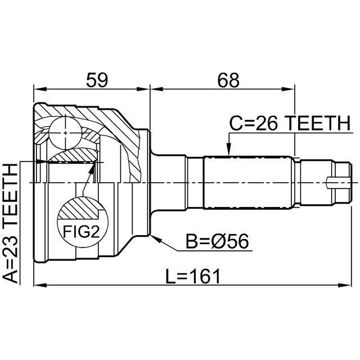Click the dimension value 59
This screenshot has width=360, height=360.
(x=96, y=80)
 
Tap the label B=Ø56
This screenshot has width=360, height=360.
(x=218, y=243)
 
